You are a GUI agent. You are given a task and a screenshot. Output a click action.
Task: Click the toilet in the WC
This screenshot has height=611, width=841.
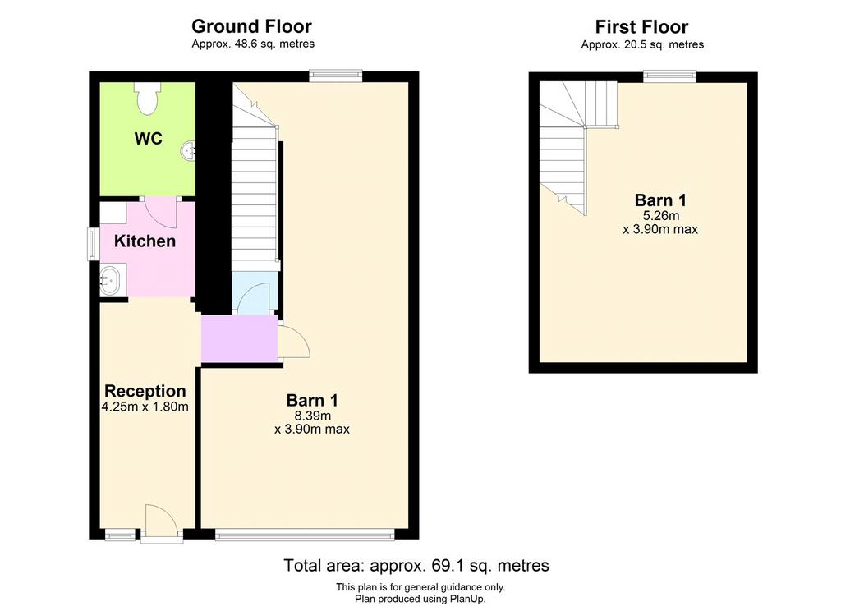pyautogui.click(x=147, y=98)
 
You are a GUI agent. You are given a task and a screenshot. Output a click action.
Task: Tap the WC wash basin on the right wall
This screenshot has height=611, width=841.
pyautogui.click(x=188, y=150)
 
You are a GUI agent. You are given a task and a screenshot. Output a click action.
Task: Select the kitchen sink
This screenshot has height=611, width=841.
pyautogui.click(x=110, y=280)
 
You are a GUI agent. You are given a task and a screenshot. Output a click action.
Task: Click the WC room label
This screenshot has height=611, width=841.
pyautogui.click(x=149, y=139)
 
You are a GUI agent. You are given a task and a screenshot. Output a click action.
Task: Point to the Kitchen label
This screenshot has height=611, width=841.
pyautogui.click(x=145, y=241)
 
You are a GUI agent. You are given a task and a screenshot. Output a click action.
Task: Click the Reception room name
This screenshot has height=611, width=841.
pyautogui.click(x=145, y=391)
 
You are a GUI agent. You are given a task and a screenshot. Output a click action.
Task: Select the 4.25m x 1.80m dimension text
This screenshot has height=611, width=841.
pyautogui.click(x=145, y=407)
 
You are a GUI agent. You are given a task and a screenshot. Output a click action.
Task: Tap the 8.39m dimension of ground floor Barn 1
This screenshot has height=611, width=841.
pyautogui.click(x=312, y=416)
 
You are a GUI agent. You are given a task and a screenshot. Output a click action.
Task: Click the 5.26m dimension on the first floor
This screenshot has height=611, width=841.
pyautogui.click(x=661, y=216)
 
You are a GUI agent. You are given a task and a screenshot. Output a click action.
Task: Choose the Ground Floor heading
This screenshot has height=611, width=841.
pyautogui.click(x=251, y=25)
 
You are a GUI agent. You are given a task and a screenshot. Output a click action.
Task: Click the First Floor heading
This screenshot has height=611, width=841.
pyautogui.click(x=642, y=26)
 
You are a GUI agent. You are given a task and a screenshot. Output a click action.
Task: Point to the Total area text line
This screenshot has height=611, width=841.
pyautogui.click(x=416, y=565)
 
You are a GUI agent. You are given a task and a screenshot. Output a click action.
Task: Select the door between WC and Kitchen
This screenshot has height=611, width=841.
pyautogui.click(x=160, y=212)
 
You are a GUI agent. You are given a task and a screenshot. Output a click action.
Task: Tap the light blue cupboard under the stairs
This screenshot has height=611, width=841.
pyautogui.click(x=255, y=293)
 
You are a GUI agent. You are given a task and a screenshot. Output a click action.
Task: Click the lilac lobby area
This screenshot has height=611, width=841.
pyautogui.click(x=239, y=338)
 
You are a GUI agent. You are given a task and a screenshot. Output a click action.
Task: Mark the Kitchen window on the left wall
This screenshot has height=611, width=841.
pyautogui.click(x=94, y=244)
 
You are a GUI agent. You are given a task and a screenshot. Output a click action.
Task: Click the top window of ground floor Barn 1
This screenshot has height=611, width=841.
pyautogui.click(x=336, y=76)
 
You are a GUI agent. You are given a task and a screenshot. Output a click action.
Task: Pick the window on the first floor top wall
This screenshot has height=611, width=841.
pyautogui.click(x=670, y=76)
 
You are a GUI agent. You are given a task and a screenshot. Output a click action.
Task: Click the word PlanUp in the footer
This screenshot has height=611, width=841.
pyautogui.click(x=466, y=599)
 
